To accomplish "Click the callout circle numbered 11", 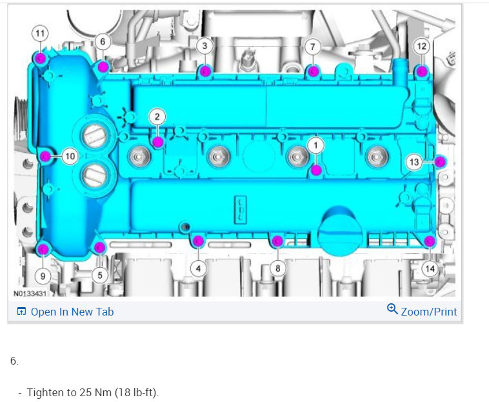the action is pyautogui.click(x=40, y=34).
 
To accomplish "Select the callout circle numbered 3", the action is pyautogui.click(x=205, y=46).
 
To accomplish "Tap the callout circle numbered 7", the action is pyautogui.click(x=313, y=46).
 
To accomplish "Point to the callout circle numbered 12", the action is pyautogui.click(x=422, y=46).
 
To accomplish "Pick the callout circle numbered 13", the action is pyautogui.click(x=414, y=162).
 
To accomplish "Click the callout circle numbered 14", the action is pyautogui.click(x=430, y=268).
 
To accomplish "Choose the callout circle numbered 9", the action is pyautogui.click(x=43, y=276).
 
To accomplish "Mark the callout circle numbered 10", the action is pyautogui.click(x=70, y=156).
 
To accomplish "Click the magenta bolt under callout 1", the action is pyautogui.click(x=316, y=170).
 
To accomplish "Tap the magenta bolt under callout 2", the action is pyautogui.click(x=158, y=142).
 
